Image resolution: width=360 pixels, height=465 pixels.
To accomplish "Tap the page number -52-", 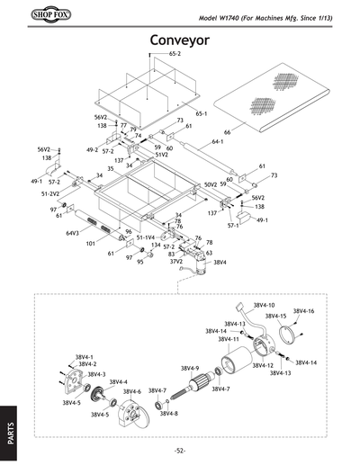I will [180, 450].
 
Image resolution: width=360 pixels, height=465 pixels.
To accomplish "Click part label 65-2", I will [175, 55].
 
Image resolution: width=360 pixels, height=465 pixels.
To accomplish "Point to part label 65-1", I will [202, 114].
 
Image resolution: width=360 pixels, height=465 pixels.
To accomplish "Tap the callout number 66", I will [227, 132].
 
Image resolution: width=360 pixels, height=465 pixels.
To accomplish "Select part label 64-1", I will [218, 141].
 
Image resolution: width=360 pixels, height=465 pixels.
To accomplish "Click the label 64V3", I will [72, 233].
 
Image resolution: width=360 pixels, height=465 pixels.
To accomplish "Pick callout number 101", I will [91, 243].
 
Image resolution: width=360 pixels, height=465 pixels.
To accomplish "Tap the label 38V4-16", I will [304, 310].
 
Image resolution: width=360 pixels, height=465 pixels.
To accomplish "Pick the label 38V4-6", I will [132, 392].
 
